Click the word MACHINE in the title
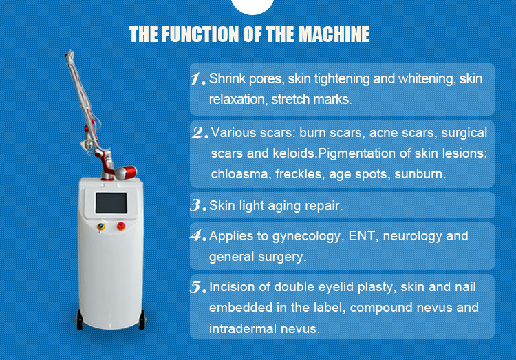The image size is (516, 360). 334,34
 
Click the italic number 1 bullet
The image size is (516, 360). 197,78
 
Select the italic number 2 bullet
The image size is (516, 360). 200,133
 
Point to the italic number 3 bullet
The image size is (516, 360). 198,205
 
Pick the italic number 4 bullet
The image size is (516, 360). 198,235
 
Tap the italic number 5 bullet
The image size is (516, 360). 198,286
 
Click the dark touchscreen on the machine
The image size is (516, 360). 111,203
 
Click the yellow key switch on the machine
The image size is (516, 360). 101,226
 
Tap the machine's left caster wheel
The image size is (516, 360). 80,320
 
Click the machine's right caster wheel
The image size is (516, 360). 142,320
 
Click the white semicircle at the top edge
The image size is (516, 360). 252,7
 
